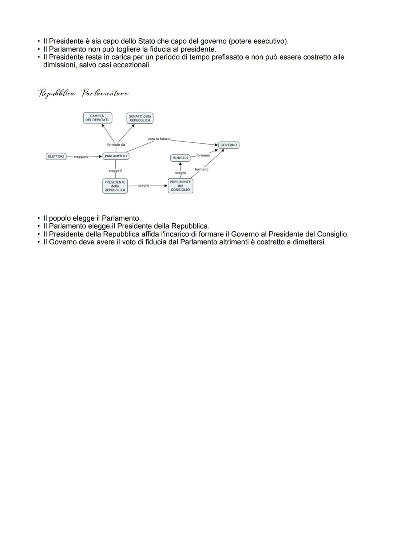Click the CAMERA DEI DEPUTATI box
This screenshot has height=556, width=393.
(97, 118)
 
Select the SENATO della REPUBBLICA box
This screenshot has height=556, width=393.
(140, 118)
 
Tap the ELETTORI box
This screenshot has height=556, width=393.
(56, 156)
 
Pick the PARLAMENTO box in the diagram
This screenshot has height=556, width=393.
(116, 156)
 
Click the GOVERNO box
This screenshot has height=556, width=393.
(229, 145)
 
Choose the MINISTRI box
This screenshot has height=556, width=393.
(180, 158)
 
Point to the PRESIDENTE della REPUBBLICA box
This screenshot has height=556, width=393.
(115, 186)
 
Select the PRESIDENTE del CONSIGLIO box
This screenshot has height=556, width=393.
(180, 186)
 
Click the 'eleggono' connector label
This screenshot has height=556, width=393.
(81, 157)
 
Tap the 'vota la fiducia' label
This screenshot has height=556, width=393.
(159, 139)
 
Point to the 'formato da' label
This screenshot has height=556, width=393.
(116, 145)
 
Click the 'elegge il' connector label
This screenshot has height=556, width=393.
(115, 171)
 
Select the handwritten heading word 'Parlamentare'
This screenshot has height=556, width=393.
(105, 93)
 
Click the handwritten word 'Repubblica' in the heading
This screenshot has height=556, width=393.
(57, 93)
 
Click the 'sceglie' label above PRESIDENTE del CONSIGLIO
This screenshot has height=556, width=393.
(180, 173)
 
